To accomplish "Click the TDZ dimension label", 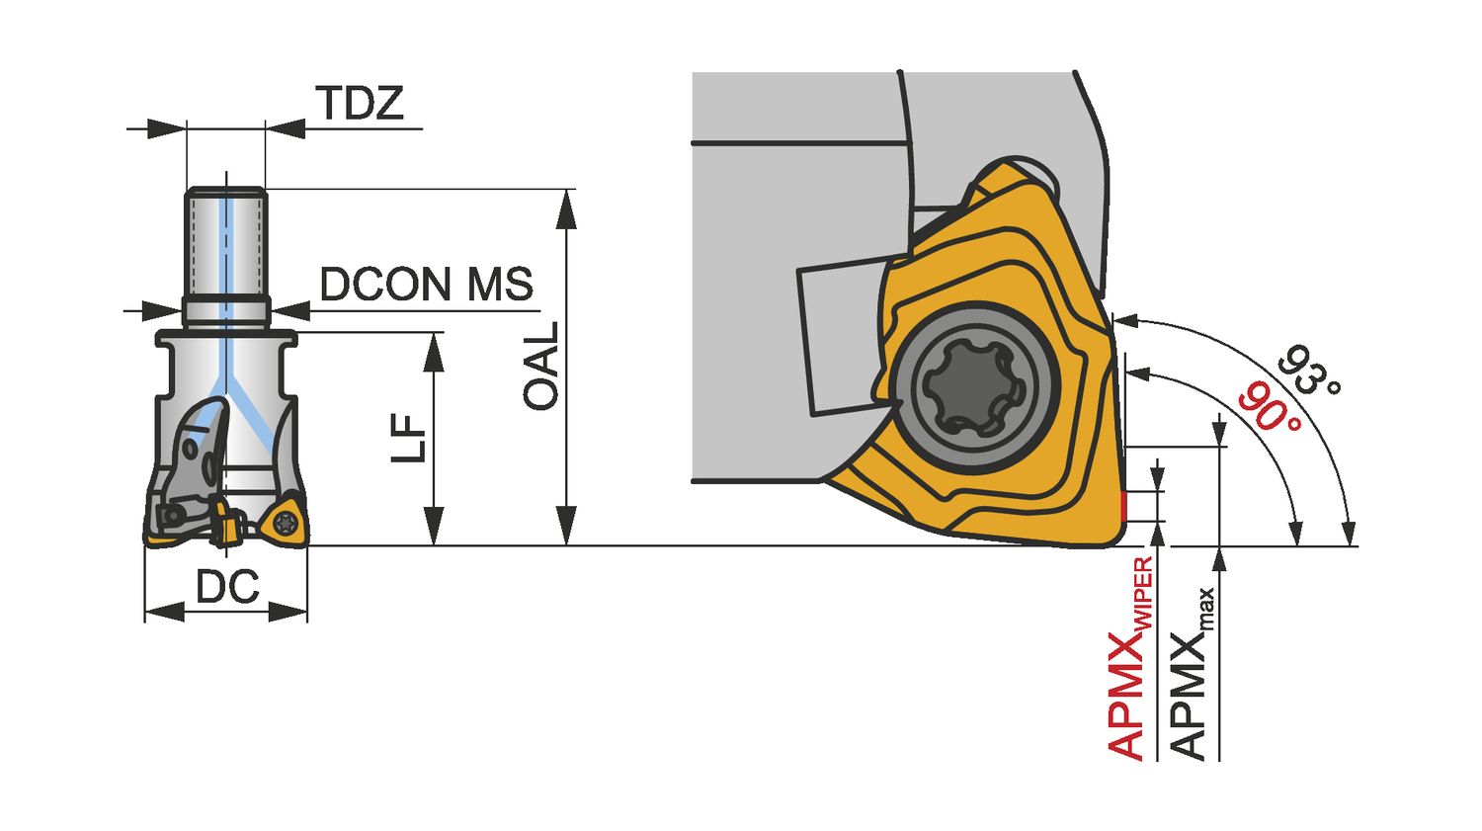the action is coord(360,103).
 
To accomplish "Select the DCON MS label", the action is coord(427,285).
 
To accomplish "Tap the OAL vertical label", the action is coord(541,366).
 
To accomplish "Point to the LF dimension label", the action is coord(408,438).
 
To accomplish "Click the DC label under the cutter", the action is coord(227,586).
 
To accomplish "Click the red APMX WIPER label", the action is coord(1130,658).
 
